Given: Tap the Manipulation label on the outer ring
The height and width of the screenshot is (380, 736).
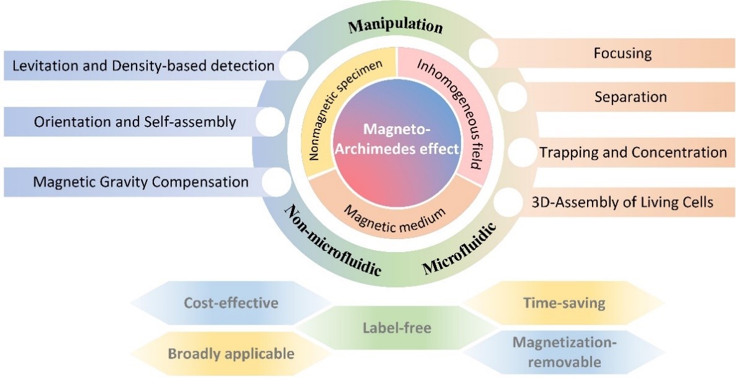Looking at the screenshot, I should point(395,26).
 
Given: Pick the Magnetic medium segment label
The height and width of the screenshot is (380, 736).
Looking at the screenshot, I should point(395,214).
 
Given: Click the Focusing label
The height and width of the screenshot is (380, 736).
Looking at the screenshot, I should point(622,53).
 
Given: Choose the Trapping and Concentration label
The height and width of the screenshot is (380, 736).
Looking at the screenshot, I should point(632,152).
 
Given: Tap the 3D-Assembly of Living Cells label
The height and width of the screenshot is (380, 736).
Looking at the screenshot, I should point(632,202).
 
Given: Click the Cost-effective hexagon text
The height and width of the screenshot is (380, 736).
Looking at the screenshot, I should point(230,304).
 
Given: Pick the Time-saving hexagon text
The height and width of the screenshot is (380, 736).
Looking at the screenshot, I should point(564,304).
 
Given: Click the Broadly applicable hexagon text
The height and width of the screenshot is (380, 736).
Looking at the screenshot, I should point(230,354).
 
